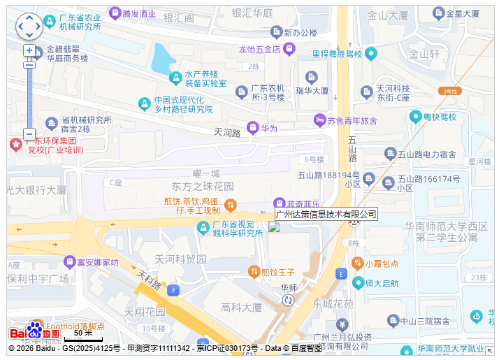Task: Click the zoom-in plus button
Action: pyautogui.click(x=29, y=50)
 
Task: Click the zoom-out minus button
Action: pyautogui.click(x=29, y=134)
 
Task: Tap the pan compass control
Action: pyautogui.click(x=29, y=27)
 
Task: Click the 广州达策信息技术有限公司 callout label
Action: pyautogui.click(x=326, y=214)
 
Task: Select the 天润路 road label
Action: pyautogui.click(x=226, y=132)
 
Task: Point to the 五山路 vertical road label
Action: pyautogui.click(x=352, y=149)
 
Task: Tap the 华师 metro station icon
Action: pyautogui.click(x=288, y=300)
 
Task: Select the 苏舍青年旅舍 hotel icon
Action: pyautogui.click(x=319, y=120)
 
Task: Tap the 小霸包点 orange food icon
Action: pyautogui.click(x=357, y=264)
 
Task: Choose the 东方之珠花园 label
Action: pyautogui.click(x=203, y=187)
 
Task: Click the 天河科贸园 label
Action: pyautogui.click(x=180, y=259)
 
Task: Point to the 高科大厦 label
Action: pyautogui.click(x=240, y=308)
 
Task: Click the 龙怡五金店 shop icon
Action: pyautogui.click(x=289, y=48)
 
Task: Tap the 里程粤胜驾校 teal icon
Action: pyautogui.click(x=371, y=54)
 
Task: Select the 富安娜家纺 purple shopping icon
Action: pyautogui.click(x=69, y=262)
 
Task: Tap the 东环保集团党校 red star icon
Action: pyautogui.click(x=15, y=145)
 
